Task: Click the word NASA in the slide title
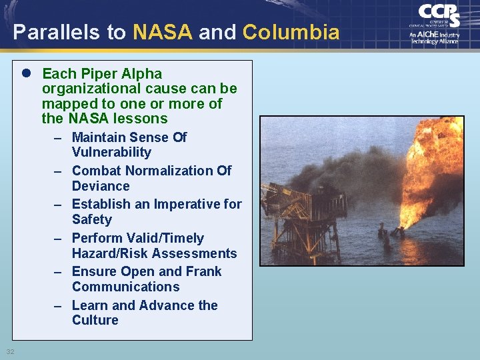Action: [163, 32]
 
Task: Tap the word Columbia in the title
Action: [291, 32]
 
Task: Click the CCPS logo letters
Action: [438, 15]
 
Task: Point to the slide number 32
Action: [11, 351]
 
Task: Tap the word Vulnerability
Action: [111, 152]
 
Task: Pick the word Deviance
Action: [101, 186]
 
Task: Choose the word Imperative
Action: [189, 204]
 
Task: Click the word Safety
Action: [92, 219]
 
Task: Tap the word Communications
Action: [125, 287]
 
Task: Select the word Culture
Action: [95, 320]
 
